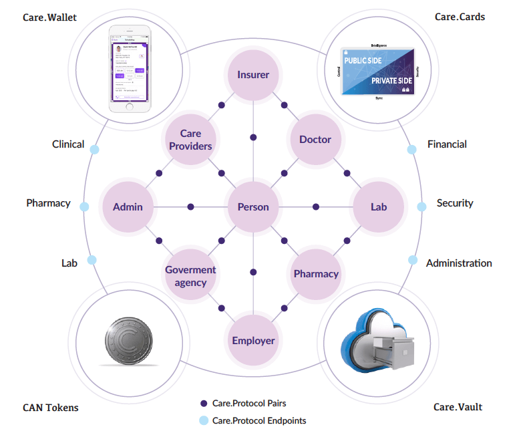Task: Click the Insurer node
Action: click(253, 75)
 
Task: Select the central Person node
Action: click(253, 207)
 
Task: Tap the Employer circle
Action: click(253, 341)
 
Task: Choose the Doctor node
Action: click(315, 140)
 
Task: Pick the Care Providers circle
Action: click(190, 140)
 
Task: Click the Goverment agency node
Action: click(190, 275)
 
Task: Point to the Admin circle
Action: click(128, 207)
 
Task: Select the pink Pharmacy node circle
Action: click(316, 274)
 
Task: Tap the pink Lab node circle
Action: click(379, 207)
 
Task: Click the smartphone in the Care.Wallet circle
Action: click(130, 68)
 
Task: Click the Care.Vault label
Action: click(458, 407)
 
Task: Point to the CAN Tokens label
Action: click(51, 408)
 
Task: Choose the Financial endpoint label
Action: click(447, 144)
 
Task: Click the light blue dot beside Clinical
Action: click(94, 149)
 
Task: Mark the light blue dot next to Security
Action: click(421, 206)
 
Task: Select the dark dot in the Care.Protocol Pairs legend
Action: click(204, 404)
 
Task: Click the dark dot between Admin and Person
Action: click(191, 207)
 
